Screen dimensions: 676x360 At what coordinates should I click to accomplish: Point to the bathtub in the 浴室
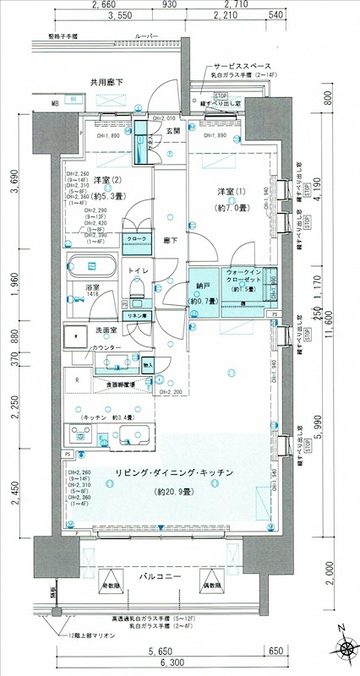(x=93, y=265)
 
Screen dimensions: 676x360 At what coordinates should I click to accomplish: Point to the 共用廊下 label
(x=107, y=82)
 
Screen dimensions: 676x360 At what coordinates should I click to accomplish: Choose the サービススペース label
(x=242, y=65)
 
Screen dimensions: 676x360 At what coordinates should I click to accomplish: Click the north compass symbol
(x=346, y=649)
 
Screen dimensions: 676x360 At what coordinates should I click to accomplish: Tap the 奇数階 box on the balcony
(x=110, y=585)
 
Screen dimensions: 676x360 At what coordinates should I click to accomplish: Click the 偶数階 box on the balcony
(x=211, y=585)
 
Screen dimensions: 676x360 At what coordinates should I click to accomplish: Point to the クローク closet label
(x=132, y=239)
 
